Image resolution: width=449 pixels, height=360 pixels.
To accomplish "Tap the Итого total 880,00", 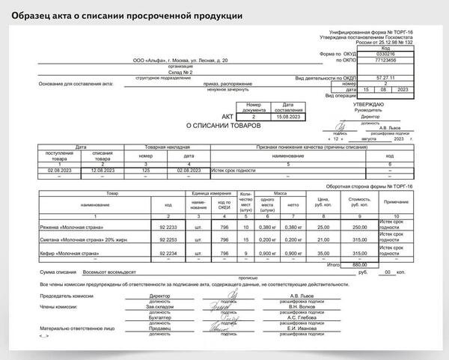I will point(361,264).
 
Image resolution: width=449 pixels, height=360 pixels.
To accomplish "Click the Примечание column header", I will point(396,203).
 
